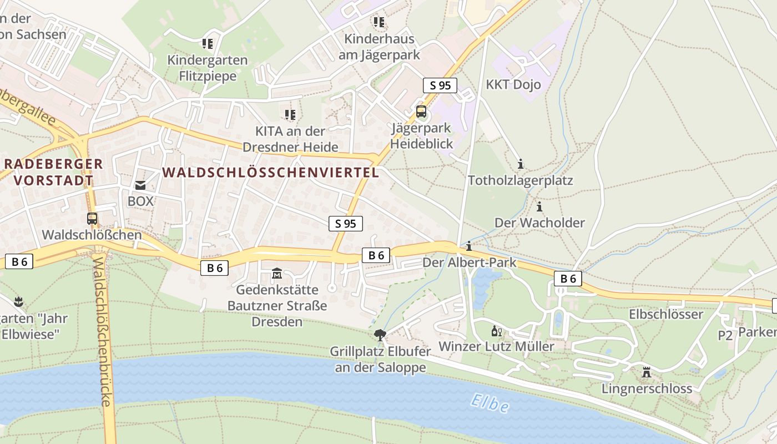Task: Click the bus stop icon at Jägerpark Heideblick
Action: tap(421, 112)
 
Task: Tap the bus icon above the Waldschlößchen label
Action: tap(92, 219)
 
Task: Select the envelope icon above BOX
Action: tap(140, 185)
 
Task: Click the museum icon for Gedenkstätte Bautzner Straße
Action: tap(277, 274)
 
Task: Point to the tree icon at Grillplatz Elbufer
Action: tap(380, 335)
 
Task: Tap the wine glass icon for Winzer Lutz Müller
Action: tap(497, 331)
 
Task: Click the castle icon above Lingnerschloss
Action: tap(647, 372)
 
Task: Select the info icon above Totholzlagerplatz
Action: tap(521, 164)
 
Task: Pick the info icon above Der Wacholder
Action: tap(539, 207)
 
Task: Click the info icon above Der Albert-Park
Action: tap(470, 246)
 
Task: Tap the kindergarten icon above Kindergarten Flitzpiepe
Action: tap(208, 43)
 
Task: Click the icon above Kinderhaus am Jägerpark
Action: tap(379, 22)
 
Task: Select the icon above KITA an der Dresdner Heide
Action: tap(290, 115)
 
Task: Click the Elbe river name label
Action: tap(490, 403)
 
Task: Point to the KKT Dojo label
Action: tap(513, 85)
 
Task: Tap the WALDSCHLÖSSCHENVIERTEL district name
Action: tap(271, 172)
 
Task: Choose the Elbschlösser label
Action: tap(666, 314)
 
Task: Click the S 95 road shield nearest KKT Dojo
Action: tap(440, 85)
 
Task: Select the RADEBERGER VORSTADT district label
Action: tap(54, 172)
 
